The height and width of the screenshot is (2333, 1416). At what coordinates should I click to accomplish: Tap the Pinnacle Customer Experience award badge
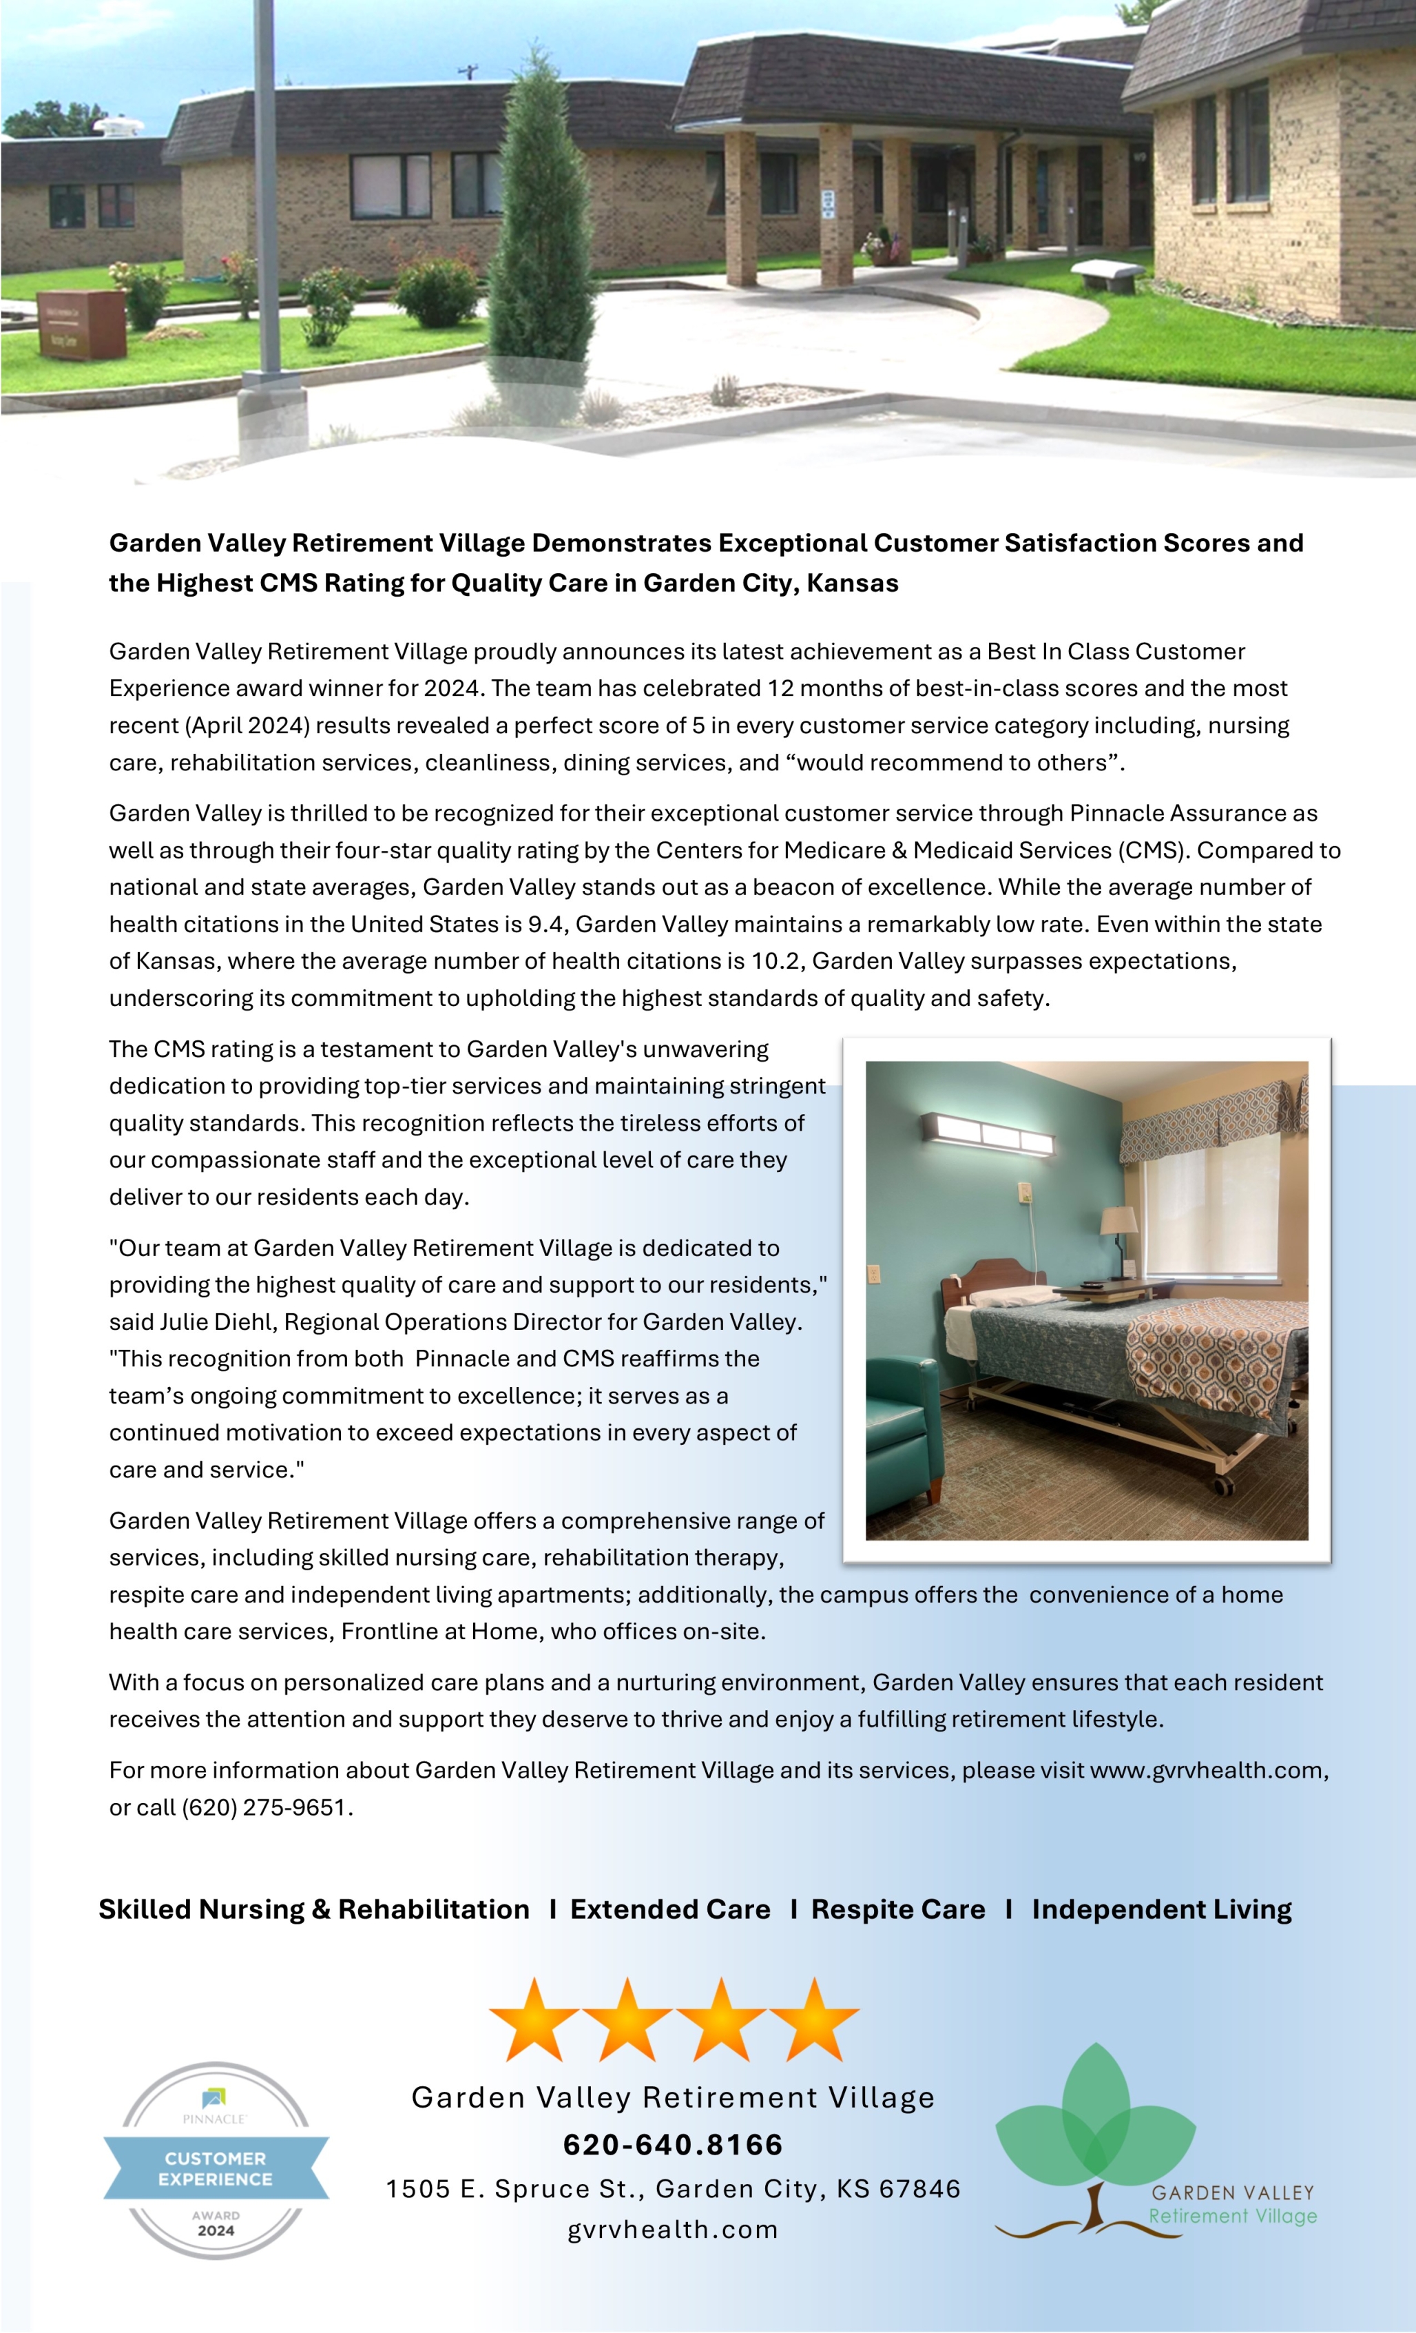pos(216,2168)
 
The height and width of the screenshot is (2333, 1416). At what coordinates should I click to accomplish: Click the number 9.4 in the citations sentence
pos(545,924)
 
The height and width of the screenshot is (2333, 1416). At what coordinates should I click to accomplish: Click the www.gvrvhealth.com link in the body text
pos(1207,1771)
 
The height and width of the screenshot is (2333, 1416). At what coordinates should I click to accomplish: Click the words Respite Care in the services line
pos(897,1910)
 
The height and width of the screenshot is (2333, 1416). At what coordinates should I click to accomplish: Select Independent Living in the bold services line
pos(1161,1910)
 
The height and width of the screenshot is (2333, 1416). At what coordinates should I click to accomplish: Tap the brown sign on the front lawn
pos(83,325)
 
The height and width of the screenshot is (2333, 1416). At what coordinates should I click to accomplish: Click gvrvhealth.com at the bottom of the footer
pos(673,2230)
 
